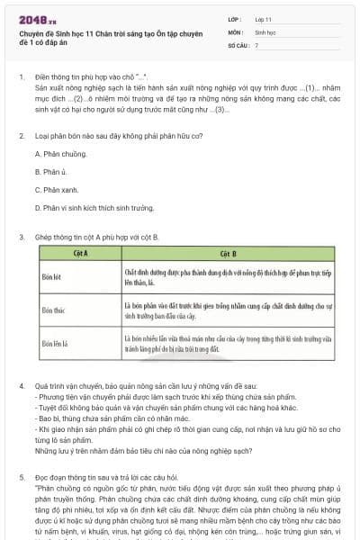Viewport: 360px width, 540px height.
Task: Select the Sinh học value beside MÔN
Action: (x=265, y=31)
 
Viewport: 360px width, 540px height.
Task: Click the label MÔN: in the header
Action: (x=236, y=31)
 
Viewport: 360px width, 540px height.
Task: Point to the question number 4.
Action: (x=22, y=386)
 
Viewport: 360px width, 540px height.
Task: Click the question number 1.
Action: (x=22, y=77)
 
